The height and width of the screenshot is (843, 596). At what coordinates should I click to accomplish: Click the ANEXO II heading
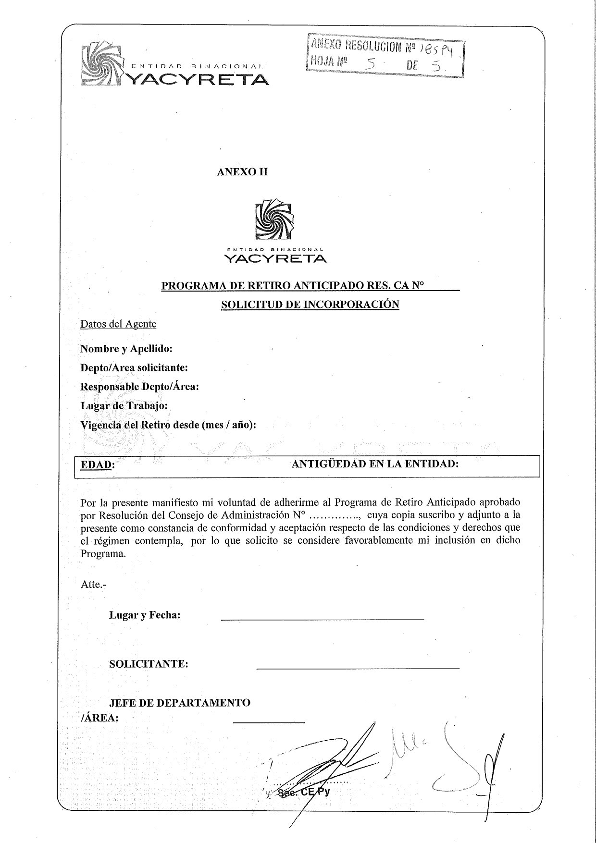click(x=242, y=172)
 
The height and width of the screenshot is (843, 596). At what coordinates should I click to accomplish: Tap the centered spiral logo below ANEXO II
click(x=274, y=220)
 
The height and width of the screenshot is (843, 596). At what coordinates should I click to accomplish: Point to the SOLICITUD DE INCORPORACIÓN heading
click(x=310, y=304)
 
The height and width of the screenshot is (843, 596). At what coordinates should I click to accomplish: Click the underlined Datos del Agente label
click(x=118, y=324)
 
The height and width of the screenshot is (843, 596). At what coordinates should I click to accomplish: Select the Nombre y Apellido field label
click(x=126, y=348)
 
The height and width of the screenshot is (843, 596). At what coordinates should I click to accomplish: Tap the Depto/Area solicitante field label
click(x=134, y=367)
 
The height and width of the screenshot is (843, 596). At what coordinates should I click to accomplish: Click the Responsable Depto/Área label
click(x=139, y=387)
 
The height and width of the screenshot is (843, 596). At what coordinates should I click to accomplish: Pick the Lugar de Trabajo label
click(x=124, y=406)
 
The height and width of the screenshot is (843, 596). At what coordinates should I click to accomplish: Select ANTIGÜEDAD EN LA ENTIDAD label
click(x=375, y=464)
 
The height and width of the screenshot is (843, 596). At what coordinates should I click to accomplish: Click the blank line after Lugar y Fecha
click(x=322, y=620)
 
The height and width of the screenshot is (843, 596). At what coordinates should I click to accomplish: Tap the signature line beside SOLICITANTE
click(x=358, y=668)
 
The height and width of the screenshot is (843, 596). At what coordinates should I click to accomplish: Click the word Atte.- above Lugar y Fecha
click(x=93, y=585)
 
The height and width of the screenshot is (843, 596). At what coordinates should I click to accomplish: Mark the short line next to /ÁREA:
click(x=268, y=722)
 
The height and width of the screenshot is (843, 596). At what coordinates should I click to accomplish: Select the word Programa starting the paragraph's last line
click(x=103, y=553)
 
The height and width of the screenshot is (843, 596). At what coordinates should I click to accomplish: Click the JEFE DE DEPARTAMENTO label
click(x=180, y=703)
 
